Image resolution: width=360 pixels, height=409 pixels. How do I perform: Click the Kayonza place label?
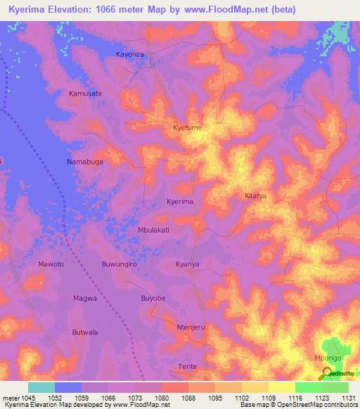(130, 54)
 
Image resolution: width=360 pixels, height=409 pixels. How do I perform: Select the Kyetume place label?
(188, 128)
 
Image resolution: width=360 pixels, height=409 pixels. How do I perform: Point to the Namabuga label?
(84, 162)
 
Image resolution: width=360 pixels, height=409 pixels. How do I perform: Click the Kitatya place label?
(255, 196)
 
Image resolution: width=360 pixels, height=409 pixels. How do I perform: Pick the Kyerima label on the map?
(179, 202)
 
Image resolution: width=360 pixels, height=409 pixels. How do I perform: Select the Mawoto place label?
(51, 264)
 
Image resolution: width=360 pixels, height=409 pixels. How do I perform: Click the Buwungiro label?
(119, 264)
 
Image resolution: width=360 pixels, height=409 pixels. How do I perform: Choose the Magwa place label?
(84, 299)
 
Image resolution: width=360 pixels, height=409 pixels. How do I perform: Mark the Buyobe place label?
(153, 299)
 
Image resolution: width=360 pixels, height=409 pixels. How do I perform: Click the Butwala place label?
(85, 332)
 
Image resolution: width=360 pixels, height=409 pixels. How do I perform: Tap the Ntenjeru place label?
(190, 327)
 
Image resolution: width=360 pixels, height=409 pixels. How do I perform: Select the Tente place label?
(188, 367)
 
